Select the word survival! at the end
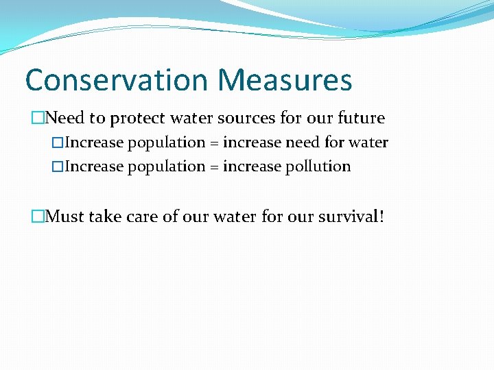point(351,217)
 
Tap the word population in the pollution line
point(167,166)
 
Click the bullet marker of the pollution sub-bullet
point(58,166)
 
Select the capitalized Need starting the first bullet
point(65,118)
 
